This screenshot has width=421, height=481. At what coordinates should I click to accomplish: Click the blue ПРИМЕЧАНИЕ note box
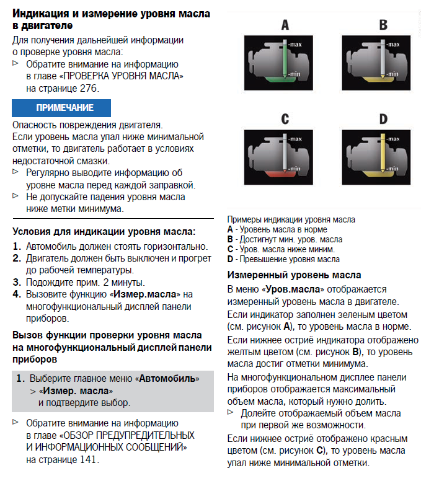coord(61,108)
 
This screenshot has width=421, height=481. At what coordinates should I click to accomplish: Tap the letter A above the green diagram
coord(285,25)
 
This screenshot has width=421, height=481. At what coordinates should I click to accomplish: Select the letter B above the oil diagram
coord(383,25)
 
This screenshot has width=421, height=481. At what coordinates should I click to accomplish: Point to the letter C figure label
coord(285,119)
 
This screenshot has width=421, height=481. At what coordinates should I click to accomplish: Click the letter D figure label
coord(383,119)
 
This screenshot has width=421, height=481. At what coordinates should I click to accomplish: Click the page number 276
coord(88,88)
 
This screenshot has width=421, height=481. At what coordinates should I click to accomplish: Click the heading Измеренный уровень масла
coord(295,275)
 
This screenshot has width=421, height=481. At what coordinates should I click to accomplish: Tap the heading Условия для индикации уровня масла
coord(104,232)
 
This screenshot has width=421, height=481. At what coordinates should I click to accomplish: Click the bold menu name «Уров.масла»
coord(293,289)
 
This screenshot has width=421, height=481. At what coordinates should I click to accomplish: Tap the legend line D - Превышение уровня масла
coord(283,259)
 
